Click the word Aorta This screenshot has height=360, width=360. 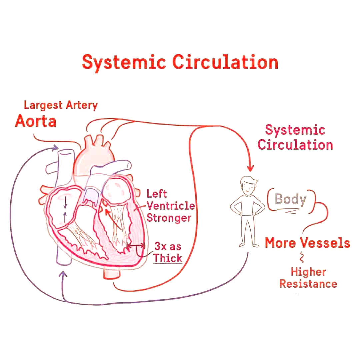(35, 121)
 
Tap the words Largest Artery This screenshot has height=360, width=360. (61, 105)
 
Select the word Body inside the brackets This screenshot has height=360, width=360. (290, 199)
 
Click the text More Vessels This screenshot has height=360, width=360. (307, 243)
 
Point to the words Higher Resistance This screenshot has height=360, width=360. (308, 278)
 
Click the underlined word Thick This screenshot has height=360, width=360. (168, 258)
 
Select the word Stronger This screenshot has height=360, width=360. (169, 218)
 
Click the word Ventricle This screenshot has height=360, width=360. (171, 206)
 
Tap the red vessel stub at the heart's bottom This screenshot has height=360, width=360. (112, 273)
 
